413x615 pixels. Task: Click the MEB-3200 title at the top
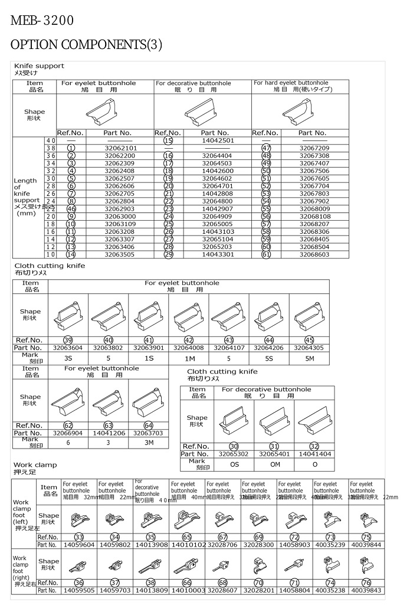point(42,21)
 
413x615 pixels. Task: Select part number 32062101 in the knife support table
point(120,148)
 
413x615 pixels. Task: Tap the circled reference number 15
point(168,140)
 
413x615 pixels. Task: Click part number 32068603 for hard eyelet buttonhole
point(314,254)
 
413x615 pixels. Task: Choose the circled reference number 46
point(71,209)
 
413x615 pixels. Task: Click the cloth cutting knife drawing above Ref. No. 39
point(68,315)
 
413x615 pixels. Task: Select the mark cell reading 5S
point(269,358)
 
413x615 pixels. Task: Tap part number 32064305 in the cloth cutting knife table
point(310,348)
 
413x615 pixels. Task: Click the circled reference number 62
point(68,425)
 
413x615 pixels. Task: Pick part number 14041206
point(108,433)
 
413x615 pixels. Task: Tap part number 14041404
point(314,454)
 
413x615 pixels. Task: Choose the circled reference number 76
point(366,583)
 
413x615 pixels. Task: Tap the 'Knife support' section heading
point(39,66)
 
